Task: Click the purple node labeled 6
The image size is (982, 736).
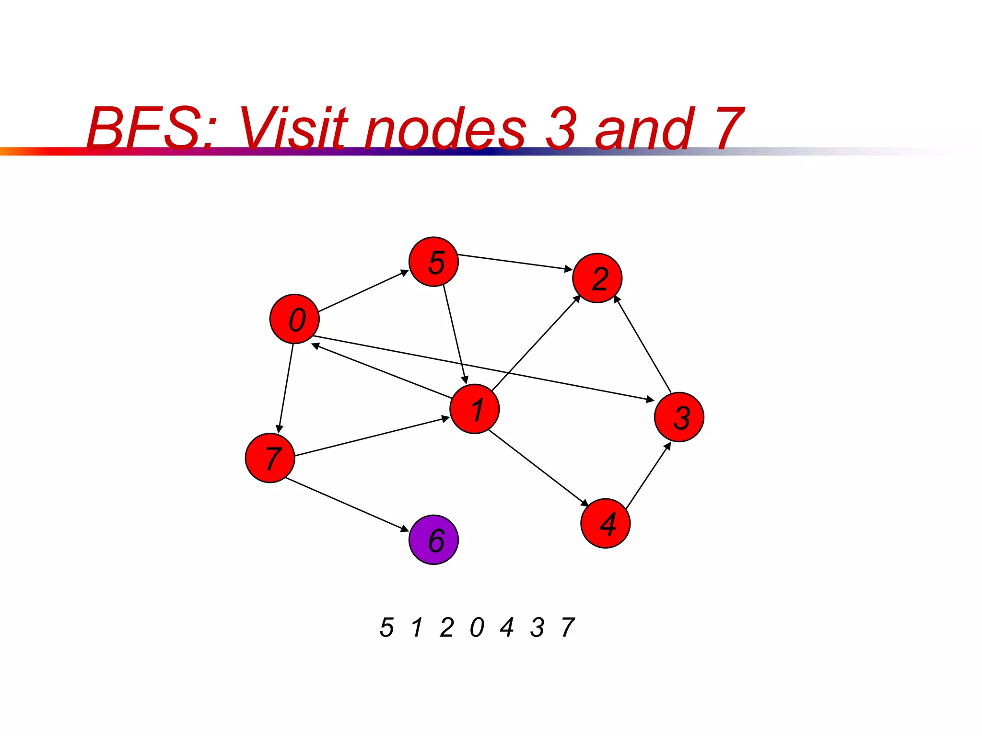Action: (x=433, y=540)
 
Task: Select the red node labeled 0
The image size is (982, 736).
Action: (x=294, y=319)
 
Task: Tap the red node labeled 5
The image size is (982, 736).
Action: (x=433, y=262)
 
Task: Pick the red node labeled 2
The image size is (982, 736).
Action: (x=597, y=278)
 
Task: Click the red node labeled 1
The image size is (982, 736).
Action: (x=474, y=409)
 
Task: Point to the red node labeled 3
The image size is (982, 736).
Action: (x=679, y=417)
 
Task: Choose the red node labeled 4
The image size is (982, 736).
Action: (x=605, y=523)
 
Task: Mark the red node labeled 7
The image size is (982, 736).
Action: (x=269, y=458)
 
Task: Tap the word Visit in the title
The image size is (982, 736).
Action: (x=293, y=128)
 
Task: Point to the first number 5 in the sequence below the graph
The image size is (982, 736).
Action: (x=386, y=627)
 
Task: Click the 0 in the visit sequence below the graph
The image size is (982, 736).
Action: (x=477, y=627)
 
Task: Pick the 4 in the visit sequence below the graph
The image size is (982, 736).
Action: (x=507, y=627)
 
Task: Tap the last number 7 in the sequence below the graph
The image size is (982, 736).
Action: (x=568, y=627)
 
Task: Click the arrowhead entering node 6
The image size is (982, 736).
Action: (x=405, y=529)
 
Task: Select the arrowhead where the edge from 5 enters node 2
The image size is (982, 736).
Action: (x=568, y=269)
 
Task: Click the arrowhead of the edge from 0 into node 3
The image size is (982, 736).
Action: (x=650, y=399)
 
